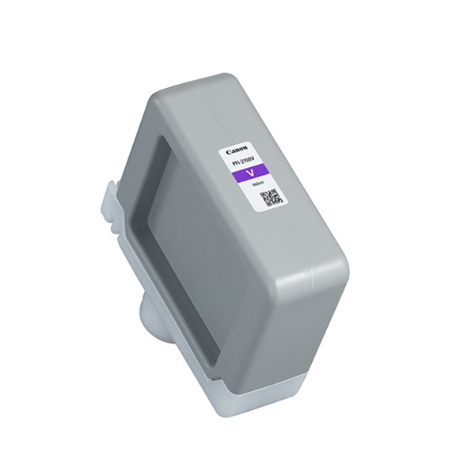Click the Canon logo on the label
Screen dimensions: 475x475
(x=237, y=149)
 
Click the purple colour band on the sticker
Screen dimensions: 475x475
(x=253, y=171)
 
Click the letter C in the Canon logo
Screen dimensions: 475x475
(x=230, y=153)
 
